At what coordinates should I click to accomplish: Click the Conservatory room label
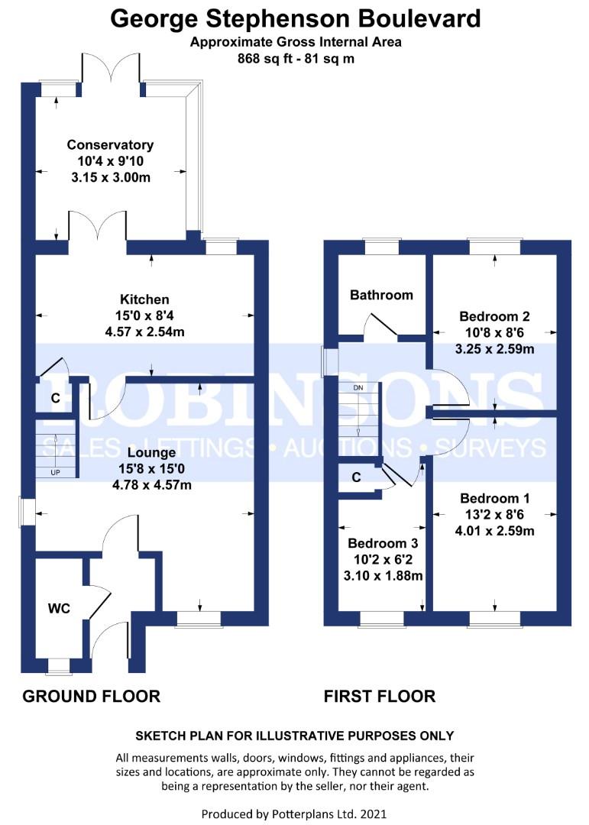click(110, 144)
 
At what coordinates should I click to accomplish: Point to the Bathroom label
click(381, 295)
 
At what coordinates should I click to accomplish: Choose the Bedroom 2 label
click(494, 316)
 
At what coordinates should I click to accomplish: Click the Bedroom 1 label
click(494, 498)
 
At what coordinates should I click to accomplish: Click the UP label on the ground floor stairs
click(55, 472)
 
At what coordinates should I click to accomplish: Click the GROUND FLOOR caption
click(92, 696)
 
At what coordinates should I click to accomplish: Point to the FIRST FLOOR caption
click(380, 696)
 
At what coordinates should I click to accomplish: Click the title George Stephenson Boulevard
click(296, 18)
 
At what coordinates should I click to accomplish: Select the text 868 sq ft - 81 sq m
click(295, 57)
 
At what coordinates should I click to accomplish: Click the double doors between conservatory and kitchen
click(98, 228)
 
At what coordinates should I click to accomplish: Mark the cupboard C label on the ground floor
click(55, 398)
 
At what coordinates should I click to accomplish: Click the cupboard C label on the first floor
click(357, 478)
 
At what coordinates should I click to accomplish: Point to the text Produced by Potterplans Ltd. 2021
click(295, 814)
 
